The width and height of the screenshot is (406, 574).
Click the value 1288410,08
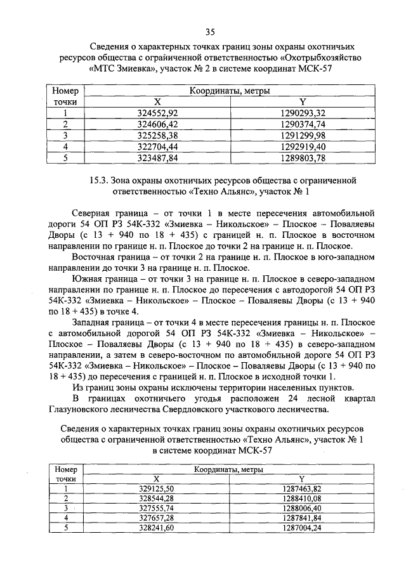coord(303,499)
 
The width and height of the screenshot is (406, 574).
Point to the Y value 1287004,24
coord(303,528)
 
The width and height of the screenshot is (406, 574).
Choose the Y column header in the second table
coord(303,479)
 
